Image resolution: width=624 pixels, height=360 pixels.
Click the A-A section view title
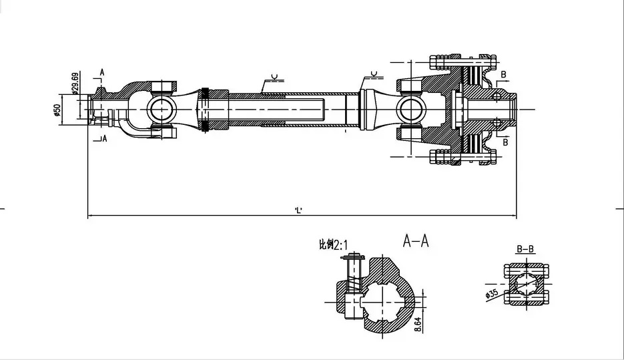click(415, 241)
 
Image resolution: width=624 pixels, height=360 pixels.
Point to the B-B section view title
click(525, 250)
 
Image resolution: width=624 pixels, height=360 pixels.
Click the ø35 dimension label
click(492, 293)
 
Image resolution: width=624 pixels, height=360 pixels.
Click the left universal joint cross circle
click(161, 108)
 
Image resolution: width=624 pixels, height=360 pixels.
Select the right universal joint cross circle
click(410, 108)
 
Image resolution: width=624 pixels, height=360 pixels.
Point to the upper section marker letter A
click(102, 71)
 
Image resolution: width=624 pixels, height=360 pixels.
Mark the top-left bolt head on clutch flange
click(440, 63)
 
